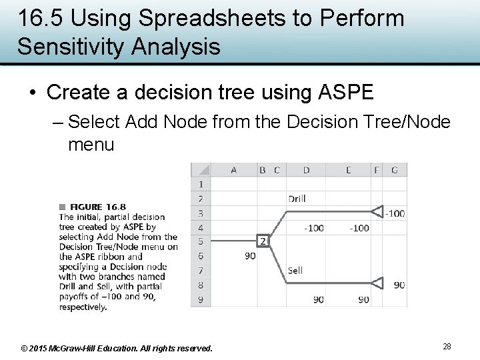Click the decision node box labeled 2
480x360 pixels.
pyautogui.click(x=263, y=241)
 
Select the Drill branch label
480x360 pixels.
pyautogui.click(x=297, y=199)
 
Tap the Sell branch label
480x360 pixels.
pyautogui.click(x=295, y=270)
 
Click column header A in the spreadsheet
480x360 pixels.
pyautogui.click(x=233, y=170)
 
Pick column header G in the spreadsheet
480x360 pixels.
pyautogui.click(x=395, y=170)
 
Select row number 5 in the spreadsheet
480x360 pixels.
pyautogui.click(x=201, y=241)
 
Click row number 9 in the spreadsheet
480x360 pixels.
pyautogui.click(x=201, y=299)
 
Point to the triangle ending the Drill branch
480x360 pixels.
pyautogui.click(x=377, y=212)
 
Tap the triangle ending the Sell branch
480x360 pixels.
pyautogui.click(x=377, y=283)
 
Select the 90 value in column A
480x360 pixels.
pyautogui.click(x=250, y=256)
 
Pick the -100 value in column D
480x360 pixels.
pyautogui.click(x=313, y=228)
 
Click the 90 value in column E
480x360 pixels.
pyautogui.click(x=363, y=299)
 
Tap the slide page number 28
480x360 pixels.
pyautogui.click(x=447, y=347)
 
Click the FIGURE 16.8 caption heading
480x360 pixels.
pyautogui.click(x=97, y=207)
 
